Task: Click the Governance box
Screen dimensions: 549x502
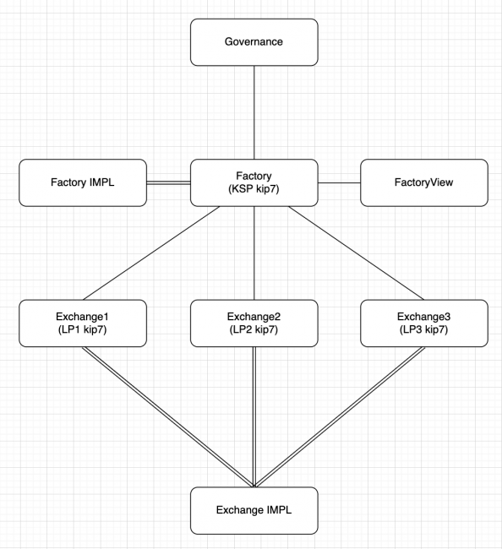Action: (x=254, y=41)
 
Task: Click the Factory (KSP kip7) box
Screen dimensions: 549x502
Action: (x=254, y=182)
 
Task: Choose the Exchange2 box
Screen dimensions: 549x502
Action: (x=254, y=323)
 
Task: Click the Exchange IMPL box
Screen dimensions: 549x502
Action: (x=254, y=510)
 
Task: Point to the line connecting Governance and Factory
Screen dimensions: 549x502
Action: (x=254, y=111)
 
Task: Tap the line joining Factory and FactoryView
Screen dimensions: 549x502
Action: (x=340, y=182)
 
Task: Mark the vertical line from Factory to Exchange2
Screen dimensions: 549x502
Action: (x=254, y=253)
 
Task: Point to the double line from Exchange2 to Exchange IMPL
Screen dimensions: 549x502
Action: (x=254, y=416)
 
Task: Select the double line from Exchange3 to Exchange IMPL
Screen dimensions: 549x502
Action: (x=340, y=416)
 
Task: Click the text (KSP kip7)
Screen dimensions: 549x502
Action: (x=254, y=189)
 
